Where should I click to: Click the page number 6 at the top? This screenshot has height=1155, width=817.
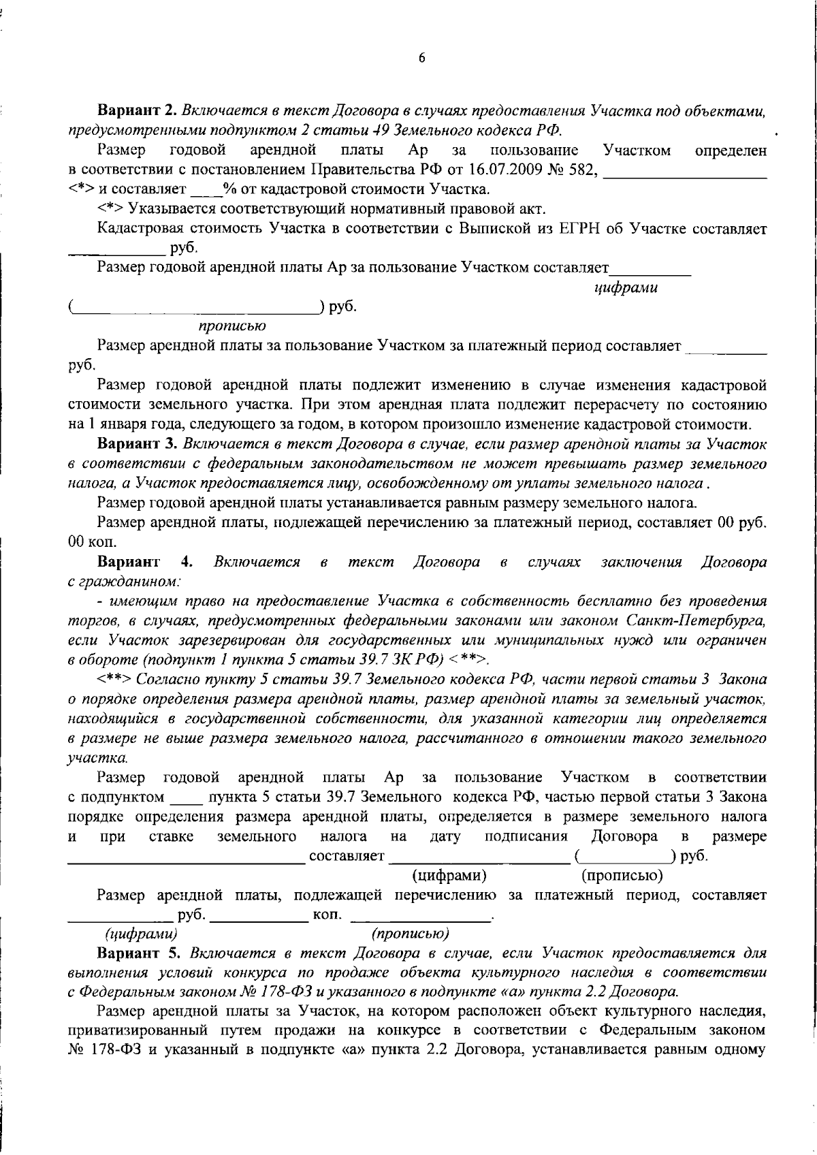(421, 59)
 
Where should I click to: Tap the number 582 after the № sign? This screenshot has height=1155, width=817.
(584, 170)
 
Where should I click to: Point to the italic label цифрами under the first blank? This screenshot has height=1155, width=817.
(626, 288)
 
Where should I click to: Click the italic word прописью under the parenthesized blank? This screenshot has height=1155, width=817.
(231, 327)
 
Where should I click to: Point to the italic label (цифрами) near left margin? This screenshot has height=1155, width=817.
(141, 934)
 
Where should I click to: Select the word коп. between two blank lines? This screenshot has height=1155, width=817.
(327, 915)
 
